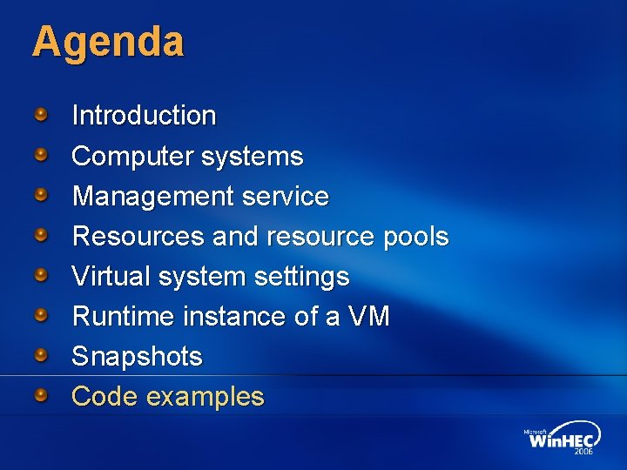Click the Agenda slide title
pyautogui.click(x=108, y=42)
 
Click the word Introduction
pyautogui.click(x=144, y=115)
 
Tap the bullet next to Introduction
pyautogui.click(x=42, y=113)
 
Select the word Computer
pyautogui.click(x=133, y=157)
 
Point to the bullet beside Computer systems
pyautogui.click(x=42, y=154)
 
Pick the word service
pyautogui.click(x=287, y=197)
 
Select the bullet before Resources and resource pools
pyautogui.click(x=42, y=234)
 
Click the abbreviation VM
pyautogui.click(x=369, y=317)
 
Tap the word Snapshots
pyautogui.click(x=137, y=357)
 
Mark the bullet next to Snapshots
pyautogui.click(x=42, y=354)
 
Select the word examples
pyautogui.click(x=206, y=398)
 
